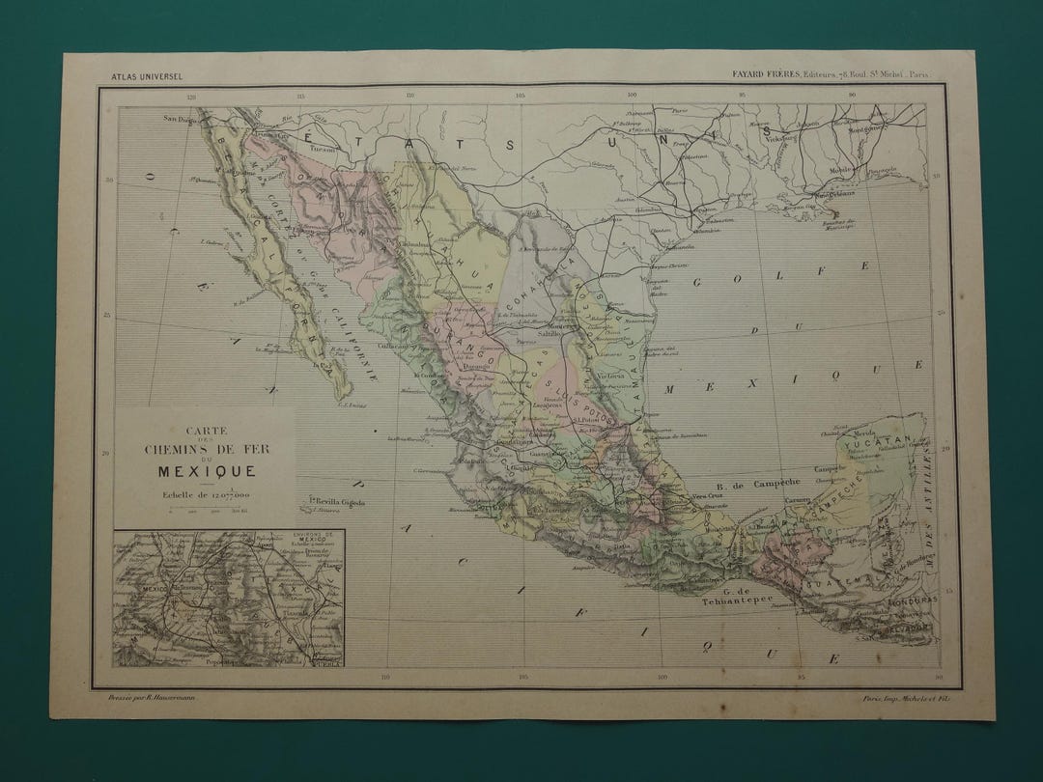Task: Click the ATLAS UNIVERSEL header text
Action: pos(147,75)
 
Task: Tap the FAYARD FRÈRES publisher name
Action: pos(762,75)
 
